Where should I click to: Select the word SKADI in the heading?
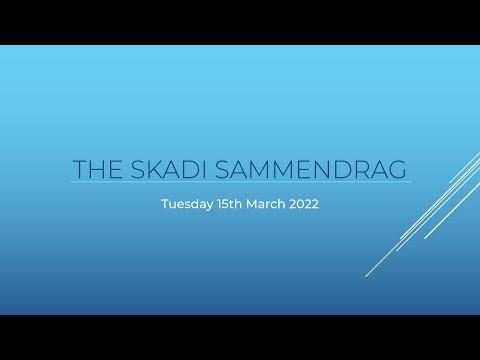[169, 168]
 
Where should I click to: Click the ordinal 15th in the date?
[231, 203]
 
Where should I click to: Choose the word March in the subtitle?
[269, 203]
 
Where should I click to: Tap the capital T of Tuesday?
[164, 203]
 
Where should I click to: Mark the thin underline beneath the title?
[240, 182]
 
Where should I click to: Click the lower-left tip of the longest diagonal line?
[367, 275]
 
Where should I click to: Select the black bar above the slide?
[240, 22]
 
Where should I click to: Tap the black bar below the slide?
[240, 337]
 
